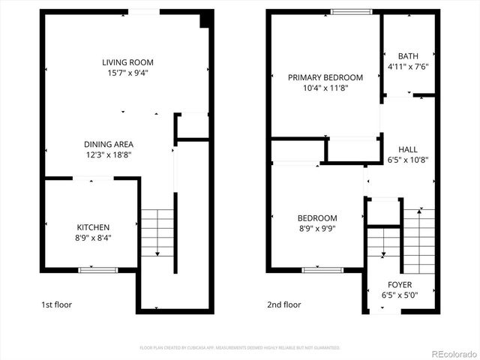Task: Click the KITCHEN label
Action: (x=93, y=227)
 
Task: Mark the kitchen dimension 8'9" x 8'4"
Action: (x=93, y=238)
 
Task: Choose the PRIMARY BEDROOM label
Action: (x=325, y=77)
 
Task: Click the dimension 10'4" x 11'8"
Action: (x=325, y=88)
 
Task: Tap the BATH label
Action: (x=408, y=56)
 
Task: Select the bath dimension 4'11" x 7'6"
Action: (x=408, y=67)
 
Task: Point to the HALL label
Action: (x=408, y=149)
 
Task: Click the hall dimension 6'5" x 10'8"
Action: (x=408, y=160)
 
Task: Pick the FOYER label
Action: (x=399, y=285)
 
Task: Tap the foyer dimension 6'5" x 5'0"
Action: (x=399, y=295)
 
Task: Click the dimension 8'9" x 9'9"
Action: (x=319, y=229)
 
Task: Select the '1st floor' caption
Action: (x=58, y=305)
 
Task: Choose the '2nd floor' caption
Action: (x=284, y=305)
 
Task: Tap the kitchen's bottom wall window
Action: (x=98, y=269)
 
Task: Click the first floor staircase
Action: (x=157, y=232)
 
